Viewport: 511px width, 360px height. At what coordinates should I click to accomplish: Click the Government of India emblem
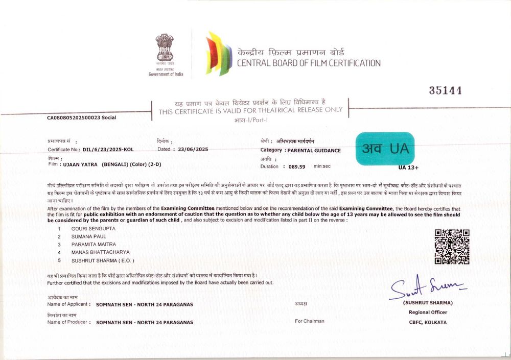pyautogui.click(x=165, y=49)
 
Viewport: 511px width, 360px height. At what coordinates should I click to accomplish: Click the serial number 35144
pyautogui.click(x=446, y=91)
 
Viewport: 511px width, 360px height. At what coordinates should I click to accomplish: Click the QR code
pyautogui.click(x=452, y=247)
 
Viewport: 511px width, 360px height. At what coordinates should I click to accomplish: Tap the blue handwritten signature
pyautogui.click(x=427, y=287)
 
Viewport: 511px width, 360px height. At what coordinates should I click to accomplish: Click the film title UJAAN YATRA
pyautogui.click(x=79, y=165)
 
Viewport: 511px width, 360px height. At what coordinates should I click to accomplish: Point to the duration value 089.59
pyautogui.click(x=296, y=166)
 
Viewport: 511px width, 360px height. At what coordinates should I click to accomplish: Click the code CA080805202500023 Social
pyautogui.click(x=81, y=117)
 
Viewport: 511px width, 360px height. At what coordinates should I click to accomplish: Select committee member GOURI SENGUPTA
pyautogui.click(x=93, y=228)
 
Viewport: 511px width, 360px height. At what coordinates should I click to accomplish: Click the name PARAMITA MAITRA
pyautogui.click(x=94, y=244)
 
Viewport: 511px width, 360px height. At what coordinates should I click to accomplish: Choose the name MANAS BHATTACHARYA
pyautogui.click(x=100, y=252)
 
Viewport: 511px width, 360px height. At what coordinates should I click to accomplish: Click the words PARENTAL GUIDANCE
pyautogui.click(x=314, y=151)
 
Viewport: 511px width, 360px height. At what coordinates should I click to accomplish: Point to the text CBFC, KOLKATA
pyautogui.click(x=428, y=322)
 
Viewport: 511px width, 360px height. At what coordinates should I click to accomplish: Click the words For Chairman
pyautogui.click(x=309, y=321)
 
